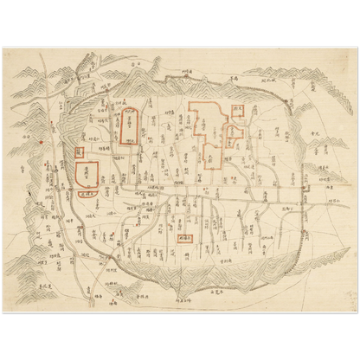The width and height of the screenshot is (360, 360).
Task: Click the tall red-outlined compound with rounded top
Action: tap(127, 126)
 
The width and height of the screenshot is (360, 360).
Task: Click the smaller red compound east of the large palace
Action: tap(232, 134)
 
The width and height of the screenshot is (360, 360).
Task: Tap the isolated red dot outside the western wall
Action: tap(41, 138)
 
